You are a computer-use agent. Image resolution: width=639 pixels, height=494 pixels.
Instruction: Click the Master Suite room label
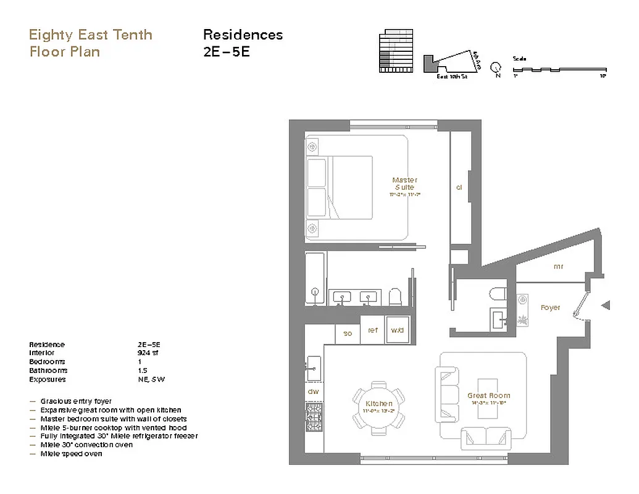pyautogui.click(x=404, y=184)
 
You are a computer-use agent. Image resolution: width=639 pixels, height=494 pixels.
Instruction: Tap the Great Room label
pyautogui.click(x=488, y=395)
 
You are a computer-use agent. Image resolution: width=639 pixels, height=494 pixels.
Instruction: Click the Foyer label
pyautogui.click(x=550, y=308)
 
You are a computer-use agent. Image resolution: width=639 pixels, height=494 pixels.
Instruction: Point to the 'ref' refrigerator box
pyautogui.click(x=373, y=331)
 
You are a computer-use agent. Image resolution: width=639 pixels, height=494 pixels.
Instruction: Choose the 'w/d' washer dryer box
pyautogui.click(x=397, y=331)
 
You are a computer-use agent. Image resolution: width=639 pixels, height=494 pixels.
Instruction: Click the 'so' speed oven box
pyautogui.click(x=348, y=333)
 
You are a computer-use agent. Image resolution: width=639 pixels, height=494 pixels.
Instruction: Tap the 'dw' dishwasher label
pyautogui.click(x=313, y=391)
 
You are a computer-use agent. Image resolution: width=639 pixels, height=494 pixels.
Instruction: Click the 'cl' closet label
pyautogui.click(x=459, y=188)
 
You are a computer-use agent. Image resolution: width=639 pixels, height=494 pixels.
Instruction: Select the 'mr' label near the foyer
pyautogui.click(x=558, y=267)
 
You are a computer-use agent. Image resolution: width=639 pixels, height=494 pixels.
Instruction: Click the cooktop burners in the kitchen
pyautogui.click(x=313, y=417)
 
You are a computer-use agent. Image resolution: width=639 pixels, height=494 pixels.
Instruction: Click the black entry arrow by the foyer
pyautogui.click(x=606, y=304)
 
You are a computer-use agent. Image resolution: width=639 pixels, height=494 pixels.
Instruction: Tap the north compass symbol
pyautogui.click(x=495, y=68)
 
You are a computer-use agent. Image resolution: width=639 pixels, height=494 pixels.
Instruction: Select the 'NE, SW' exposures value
pyautogui.click(x=151, y=379)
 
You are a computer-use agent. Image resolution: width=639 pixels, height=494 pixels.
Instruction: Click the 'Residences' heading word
pyautogui.click(x=243, y=35)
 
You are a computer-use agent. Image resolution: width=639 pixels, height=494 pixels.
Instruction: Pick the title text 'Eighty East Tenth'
pyautogui.click(x=90, y=35)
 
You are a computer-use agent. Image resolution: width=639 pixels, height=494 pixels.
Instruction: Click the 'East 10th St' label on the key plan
pyautogui.click(x=451, y=77)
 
